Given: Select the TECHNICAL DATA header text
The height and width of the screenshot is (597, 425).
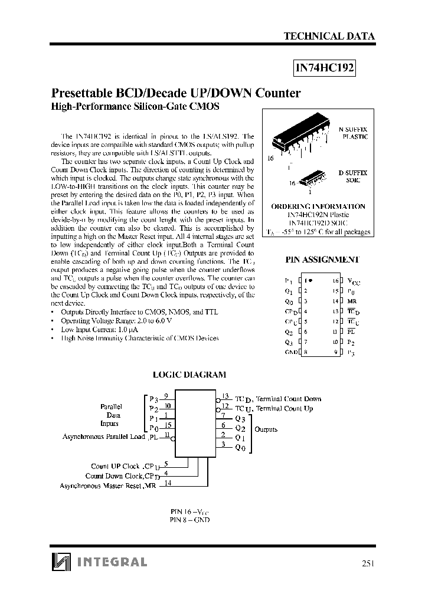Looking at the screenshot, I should pos(329,36).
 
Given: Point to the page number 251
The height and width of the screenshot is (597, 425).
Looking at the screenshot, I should pos(367,563).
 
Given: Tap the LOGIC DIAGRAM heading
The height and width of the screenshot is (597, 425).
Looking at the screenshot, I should pos(189,375).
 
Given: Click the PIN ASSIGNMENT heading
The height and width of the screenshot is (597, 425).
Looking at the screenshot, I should pos(322,260).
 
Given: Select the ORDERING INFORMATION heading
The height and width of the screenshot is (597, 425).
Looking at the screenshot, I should pos(318,206).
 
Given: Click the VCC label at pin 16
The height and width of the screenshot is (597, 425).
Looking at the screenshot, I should pos(352,281).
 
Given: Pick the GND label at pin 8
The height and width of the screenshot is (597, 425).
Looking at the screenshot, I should pos(291,352).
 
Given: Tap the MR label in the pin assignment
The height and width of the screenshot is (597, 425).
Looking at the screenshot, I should pos(351,301).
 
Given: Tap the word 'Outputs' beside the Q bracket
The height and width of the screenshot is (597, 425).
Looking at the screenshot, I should pos(266,429).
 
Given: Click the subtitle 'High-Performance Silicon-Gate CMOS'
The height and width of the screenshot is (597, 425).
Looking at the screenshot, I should pos(136,107).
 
